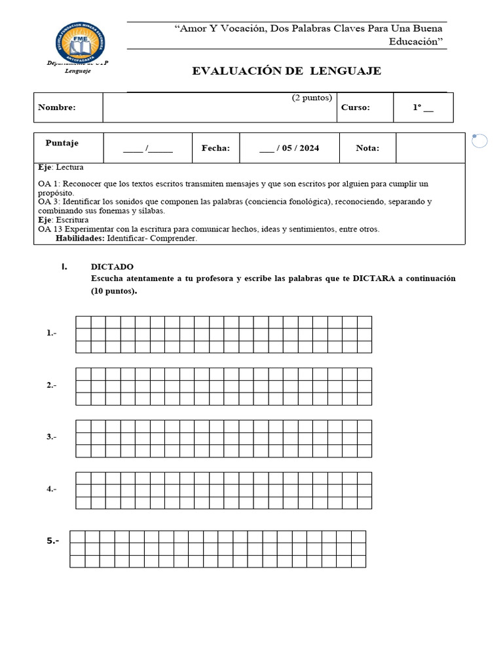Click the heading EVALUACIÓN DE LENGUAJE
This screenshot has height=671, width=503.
click(x=286, y=71)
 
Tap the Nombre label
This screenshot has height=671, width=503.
click(x=57, y=107)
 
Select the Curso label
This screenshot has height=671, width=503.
click(x=356, y=107)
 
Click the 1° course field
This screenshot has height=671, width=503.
click(x=422, y=107)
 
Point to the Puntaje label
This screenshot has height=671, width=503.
click(x=62, y=143)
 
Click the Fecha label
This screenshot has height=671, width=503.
click(x=215, y=148)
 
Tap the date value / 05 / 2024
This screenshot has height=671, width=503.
click(x=289, y=148)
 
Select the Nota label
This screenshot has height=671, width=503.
click(x=367, y=148)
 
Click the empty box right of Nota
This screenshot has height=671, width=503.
click(x=430, y=148)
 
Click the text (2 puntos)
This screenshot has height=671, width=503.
click(x=312, y=98)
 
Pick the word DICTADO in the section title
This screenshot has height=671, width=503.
click(x=112, y=267)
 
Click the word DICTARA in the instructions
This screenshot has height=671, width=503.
click(x=375, y=278)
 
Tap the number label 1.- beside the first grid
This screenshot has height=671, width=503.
click(x=52, y=333)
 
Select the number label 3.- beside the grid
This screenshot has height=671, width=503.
click(x=52, y=437)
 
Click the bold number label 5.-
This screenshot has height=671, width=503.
click(x=53, y=541)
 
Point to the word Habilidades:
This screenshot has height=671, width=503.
click(x=80, y=239)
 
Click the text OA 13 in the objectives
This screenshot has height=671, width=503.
click(x=50, y=229)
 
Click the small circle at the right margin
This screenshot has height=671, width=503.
click(x=479, y=141)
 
